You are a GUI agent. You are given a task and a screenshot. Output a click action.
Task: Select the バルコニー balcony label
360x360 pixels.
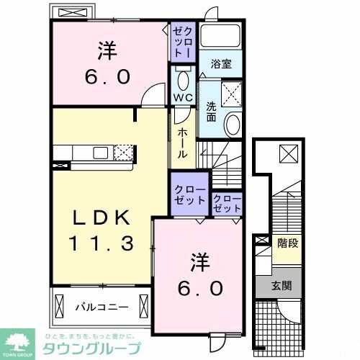tap(102, 307)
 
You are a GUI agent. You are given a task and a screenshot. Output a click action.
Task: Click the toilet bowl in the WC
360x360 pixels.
tap(182, 79)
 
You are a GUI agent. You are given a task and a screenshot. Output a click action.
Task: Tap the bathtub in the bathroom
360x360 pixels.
tap(221, 37)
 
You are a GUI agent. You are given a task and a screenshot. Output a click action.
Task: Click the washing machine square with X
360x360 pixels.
tap(231, 93)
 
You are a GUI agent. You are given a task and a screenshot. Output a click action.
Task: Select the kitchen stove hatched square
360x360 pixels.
tap(123, 151)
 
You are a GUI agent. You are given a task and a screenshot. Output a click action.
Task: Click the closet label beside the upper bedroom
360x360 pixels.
tap(181, 42)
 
